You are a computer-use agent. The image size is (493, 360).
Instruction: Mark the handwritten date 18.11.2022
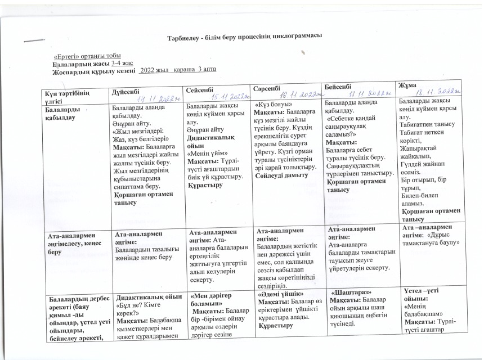pos(437,92)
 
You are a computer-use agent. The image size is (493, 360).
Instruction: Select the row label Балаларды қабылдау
pos(62,114)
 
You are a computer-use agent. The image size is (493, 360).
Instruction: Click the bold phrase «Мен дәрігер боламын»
pos(213,299)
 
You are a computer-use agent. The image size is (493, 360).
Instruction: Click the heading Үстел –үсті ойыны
pos(425,294)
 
